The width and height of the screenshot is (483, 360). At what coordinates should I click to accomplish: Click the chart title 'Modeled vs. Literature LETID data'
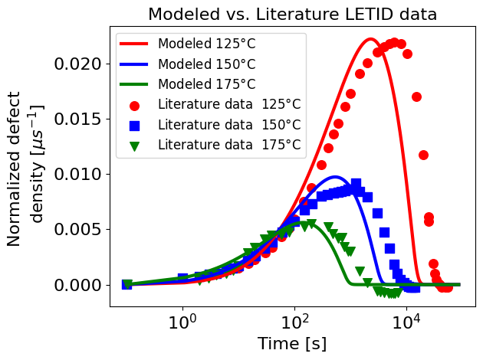[292, 14]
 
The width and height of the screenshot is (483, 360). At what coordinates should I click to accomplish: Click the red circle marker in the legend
[135, 104]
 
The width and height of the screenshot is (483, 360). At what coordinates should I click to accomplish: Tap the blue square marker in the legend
[135, 124]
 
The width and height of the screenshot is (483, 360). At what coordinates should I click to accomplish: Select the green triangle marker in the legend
[135, 145]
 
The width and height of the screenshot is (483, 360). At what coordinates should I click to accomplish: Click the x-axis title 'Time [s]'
[292, 344]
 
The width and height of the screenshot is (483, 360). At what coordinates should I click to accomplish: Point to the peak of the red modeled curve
[370, 39]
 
